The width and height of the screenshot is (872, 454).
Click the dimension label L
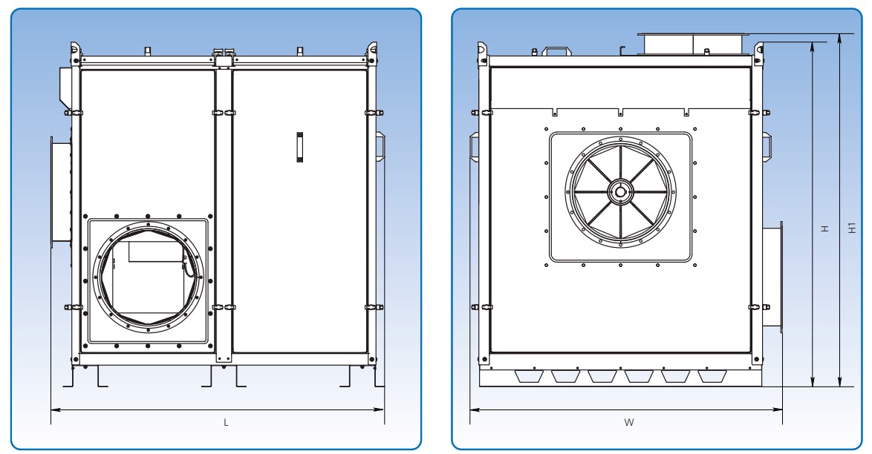coord(226,422)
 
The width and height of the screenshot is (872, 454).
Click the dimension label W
coord(628,422)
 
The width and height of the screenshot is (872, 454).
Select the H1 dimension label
coord(852,229)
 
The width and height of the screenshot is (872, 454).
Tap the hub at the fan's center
coord(618,191)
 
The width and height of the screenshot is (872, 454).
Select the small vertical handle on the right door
coord(299,146)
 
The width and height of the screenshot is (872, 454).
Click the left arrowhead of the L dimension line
coord(53,409)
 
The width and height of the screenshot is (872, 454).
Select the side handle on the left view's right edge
coord(379,145)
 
